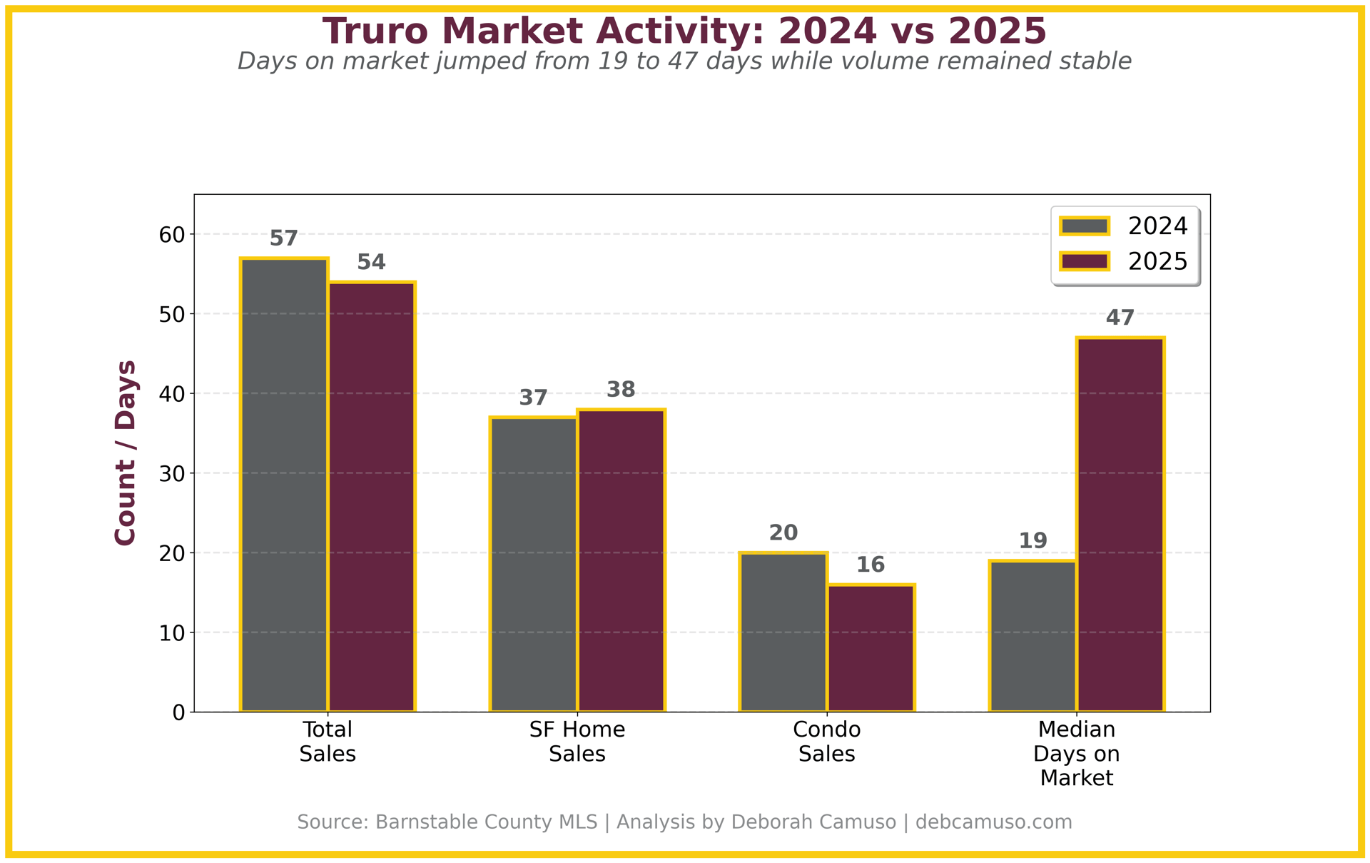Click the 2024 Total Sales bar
point(284,485)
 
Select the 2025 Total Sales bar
point(372,497)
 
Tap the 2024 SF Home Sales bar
point(534,564)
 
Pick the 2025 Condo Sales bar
point(871,648)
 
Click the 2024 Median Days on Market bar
point(1033,636)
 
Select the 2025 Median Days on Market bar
point(1120,525)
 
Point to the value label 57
point(284,238)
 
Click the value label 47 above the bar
point(1120,318)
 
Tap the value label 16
point(871,565)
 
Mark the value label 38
point(621,390)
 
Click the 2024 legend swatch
point(1085,226)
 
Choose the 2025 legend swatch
point(1085,261)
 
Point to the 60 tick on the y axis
point(172,235)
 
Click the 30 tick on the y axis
point(172,473)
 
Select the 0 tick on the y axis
point(178,712)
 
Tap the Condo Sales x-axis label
point(827,742)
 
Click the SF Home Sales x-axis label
point(577,742)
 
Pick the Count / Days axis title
point(126,453)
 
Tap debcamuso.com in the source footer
point(993,822)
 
